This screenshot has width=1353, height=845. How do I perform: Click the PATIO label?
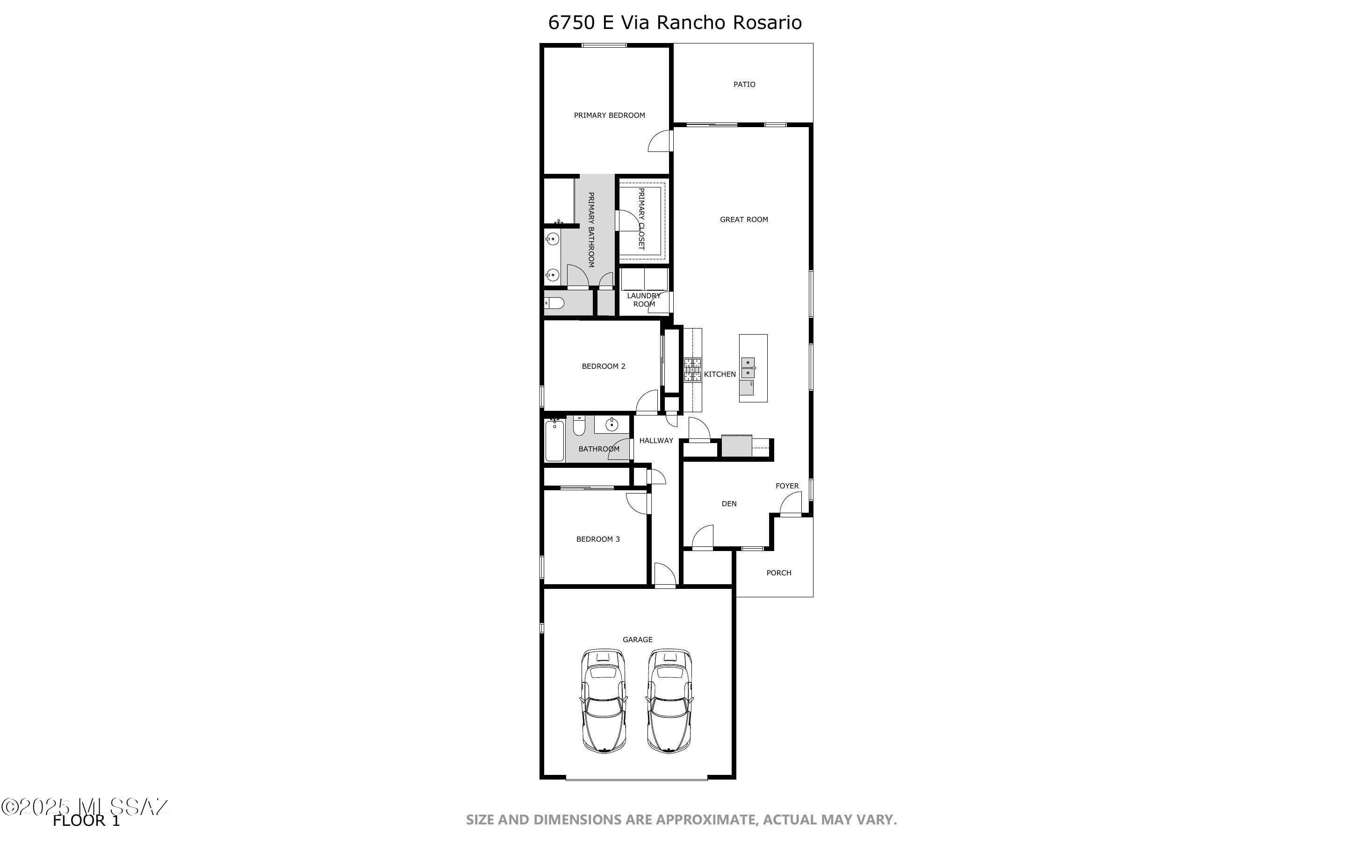point(744,85)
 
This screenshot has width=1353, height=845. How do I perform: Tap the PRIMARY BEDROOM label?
point(609,115)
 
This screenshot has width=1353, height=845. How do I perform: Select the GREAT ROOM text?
point(743,220)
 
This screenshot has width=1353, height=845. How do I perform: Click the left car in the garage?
point(604,700)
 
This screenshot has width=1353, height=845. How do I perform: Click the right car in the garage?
point(669,700)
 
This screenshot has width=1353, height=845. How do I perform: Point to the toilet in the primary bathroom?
point(554,303)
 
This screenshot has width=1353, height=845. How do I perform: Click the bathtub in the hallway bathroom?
point(554,441)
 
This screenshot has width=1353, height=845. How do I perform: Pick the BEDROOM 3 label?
point(597,539)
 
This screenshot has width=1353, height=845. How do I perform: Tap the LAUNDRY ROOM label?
point(644,300)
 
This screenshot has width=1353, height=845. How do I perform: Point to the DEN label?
point(729,503)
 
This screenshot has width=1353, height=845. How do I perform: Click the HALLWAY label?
point(656,440)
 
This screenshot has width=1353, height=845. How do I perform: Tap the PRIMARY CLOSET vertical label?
point(641,219)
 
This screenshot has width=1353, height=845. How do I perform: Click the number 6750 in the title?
point(572,22)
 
